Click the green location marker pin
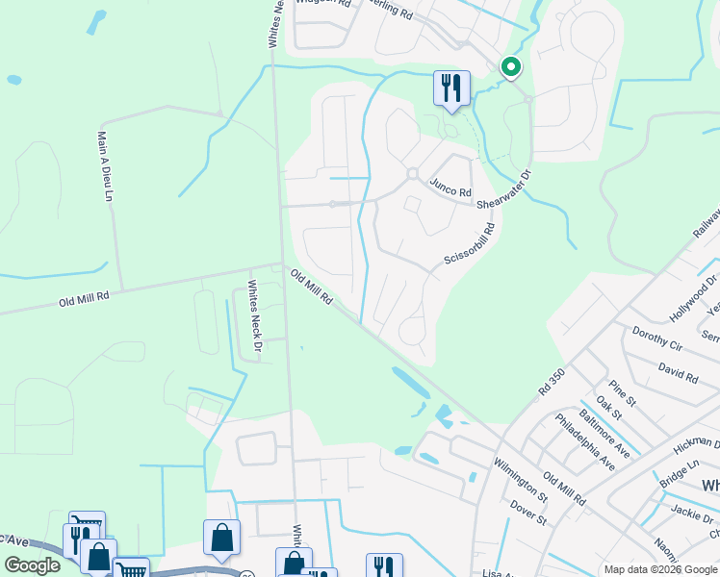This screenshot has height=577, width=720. [x=510, y=67]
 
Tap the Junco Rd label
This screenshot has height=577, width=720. [x=450, y=188]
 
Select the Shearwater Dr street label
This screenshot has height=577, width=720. [x=505, y=189]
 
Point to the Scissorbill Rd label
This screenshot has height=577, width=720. [x=469, y=245]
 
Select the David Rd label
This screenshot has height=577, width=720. [x=678, y=368]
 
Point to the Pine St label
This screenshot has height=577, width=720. [x=623, y=392]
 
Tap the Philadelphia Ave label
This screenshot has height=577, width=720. [x=585, y=441]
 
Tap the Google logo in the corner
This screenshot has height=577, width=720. [x=32, y=565]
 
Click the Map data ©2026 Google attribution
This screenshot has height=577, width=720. [x=660, y=569]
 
